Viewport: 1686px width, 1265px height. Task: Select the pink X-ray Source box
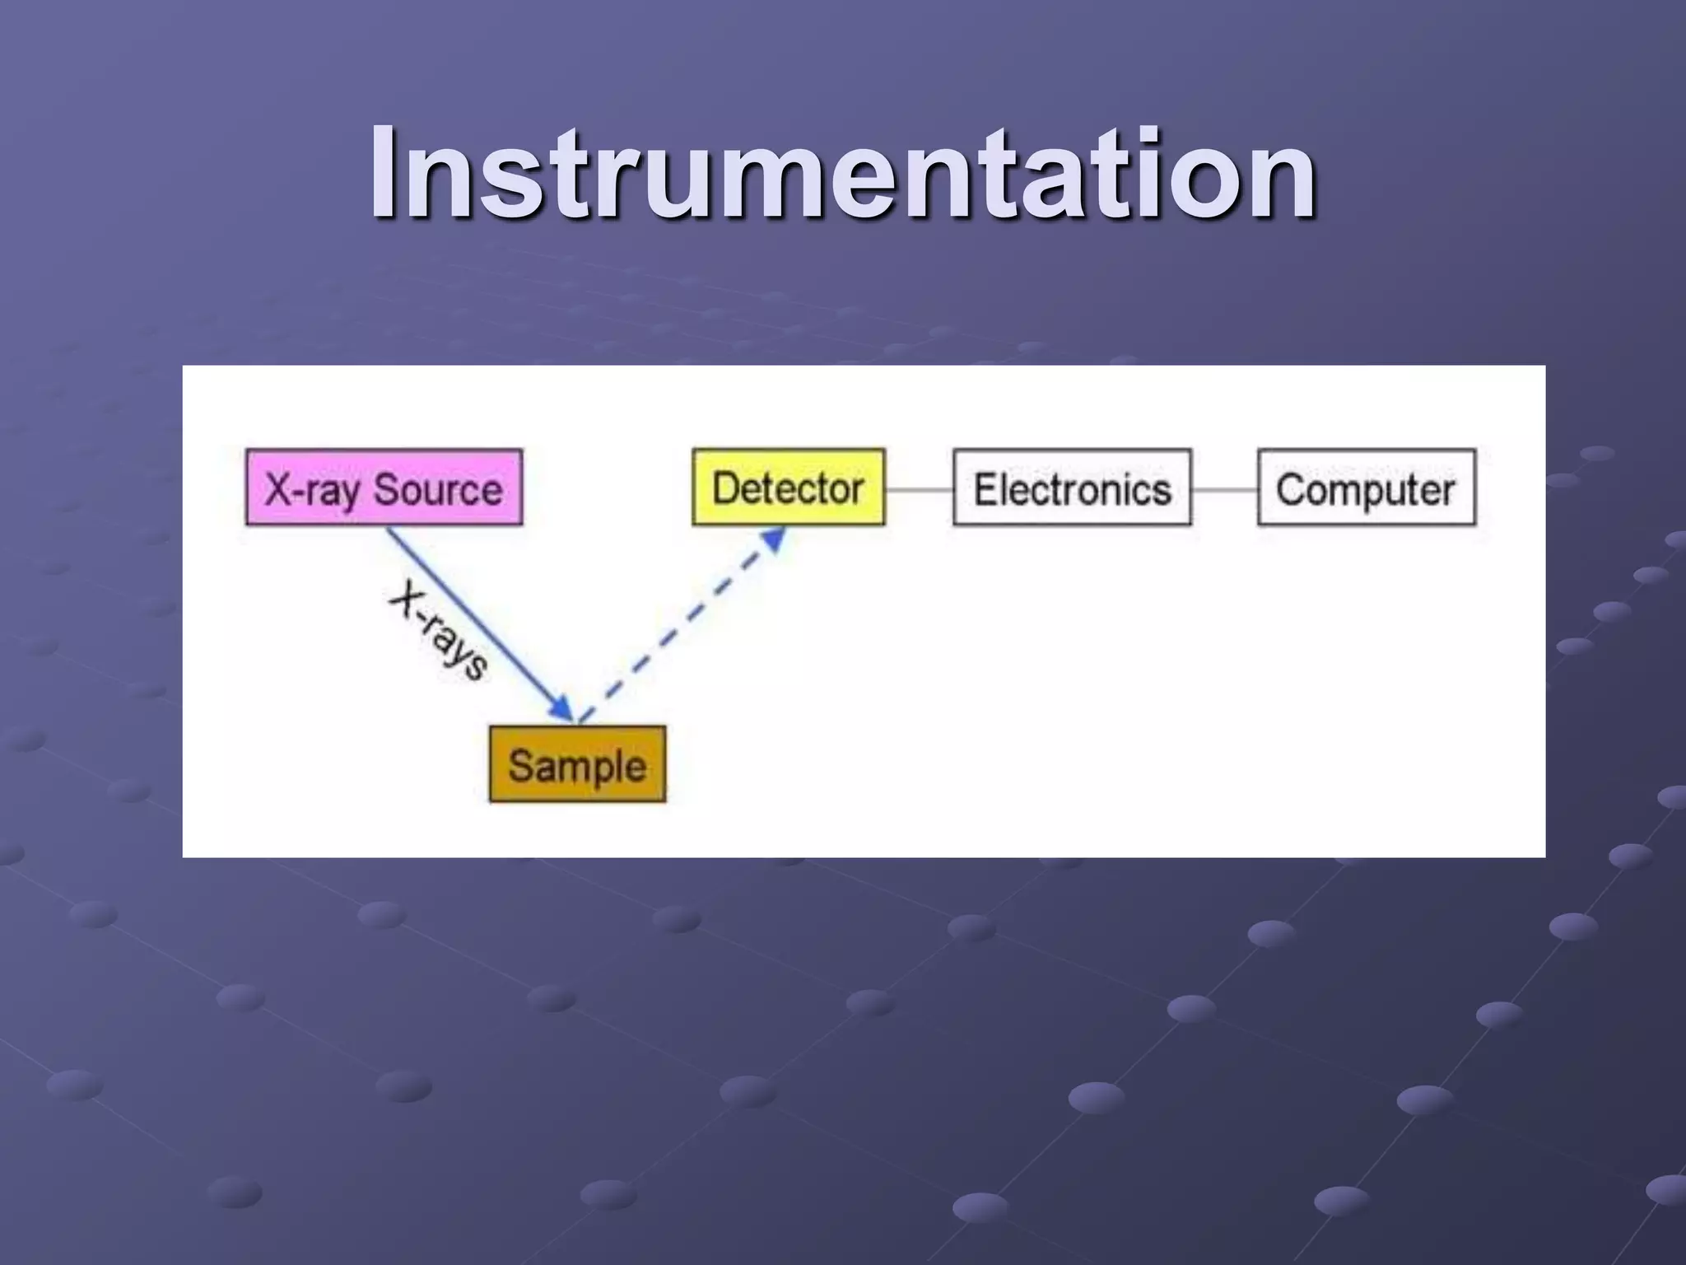point(384,488)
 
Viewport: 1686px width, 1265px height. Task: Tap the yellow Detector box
point(788,488)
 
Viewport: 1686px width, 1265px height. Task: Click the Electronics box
point(1072,488)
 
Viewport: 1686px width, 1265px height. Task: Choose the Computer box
point(1366,488)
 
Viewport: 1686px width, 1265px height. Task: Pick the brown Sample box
point(577,764)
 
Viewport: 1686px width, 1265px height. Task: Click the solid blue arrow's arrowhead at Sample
point(562,709)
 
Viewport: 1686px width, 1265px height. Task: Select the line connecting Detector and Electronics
point(919,489)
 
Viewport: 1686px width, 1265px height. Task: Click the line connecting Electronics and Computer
point(1224,489)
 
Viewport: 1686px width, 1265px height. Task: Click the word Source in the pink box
point(438,489)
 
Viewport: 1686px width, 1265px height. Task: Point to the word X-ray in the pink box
point(311,491)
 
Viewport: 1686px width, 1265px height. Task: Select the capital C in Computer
point(1290,489)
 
